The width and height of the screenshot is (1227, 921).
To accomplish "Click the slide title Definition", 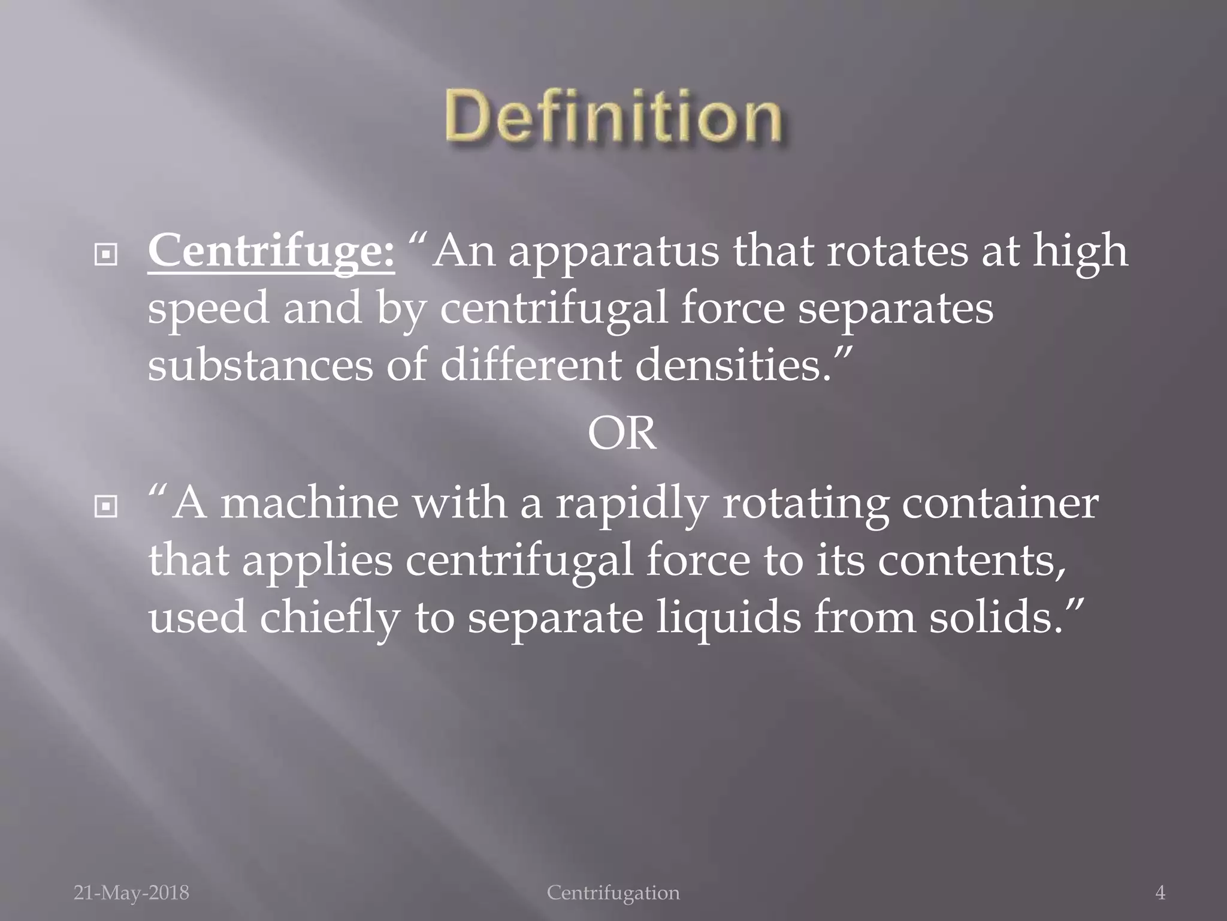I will click(613, 116).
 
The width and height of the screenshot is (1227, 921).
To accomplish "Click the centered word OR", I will click(621, 434).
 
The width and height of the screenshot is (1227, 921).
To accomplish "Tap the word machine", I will click(309, 503).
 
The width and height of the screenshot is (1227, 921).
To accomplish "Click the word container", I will click(1000, 503).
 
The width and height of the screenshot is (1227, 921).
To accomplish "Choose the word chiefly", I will click(329, 618).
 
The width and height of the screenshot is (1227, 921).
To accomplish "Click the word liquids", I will click(728, 618).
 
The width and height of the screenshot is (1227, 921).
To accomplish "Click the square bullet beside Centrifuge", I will click(106, 256).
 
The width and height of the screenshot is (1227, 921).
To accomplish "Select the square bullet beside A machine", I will click(106, 508).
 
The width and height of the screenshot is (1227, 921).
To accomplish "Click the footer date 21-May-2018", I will click(131, 893).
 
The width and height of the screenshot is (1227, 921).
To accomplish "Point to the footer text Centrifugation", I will click(613, 893).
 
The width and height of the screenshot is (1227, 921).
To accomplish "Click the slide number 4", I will click(1160, 893).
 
